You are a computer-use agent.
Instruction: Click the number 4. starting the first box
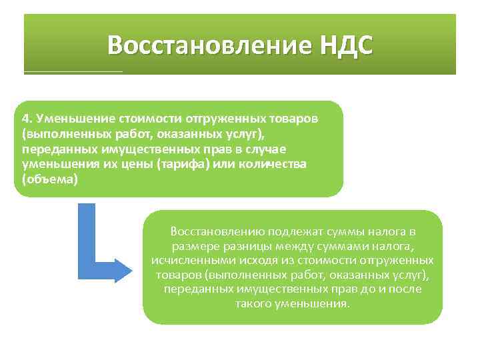(x=27, y=119)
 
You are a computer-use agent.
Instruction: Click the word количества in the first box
(x=276, y=165)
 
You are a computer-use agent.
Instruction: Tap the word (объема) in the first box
(x=50, y=180)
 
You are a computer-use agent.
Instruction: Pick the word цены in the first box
(x=136, y=165)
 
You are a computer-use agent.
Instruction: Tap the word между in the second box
(x=281, y=246)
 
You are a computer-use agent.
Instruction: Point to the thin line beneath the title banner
(x=73, y=71)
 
